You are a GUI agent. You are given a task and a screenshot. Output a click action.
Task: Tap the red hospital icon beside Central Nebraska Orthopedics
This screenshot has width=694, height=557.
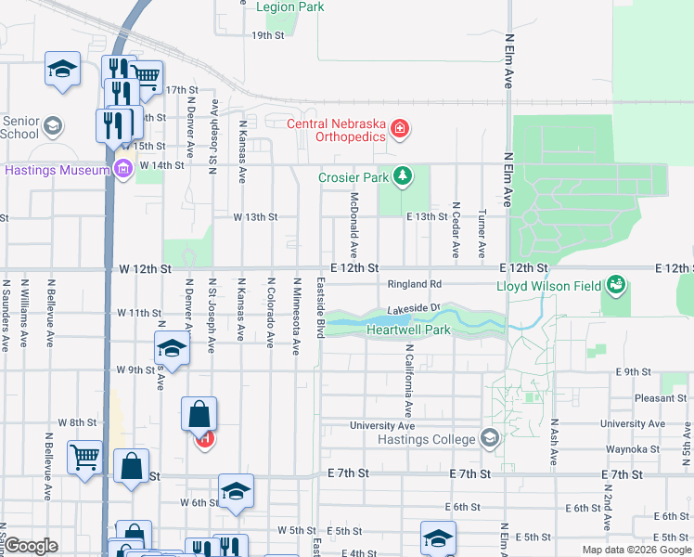click(x=400, y=128)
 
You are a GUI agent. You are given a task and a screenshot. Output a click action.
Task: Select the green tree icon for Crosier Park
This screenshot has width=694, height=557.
click(x=402, y=175)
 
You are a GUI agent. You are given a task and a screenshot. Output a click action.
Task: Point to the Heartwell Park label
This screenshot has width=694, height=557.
click(x=408, y=330)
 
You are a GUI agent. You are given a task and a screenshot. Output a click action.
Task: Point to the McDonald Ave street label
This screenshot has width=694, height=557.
click(x=353, y=226)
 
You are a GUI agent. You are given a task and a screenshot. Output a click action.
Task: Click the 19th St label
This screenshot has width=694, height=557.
click(x=267, y=35)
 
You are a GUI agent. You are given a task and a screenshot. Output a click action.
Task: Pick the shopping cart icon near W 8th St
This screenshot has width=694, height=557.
click(x=84, y=456)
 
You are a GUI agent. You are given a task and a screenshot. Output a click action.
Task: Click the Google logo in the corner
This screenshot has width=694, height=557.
click(x=31, y=546)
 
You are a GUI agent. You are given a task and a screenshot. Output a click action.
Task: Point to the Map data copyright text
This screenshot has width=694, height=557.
click(x=636, y=550)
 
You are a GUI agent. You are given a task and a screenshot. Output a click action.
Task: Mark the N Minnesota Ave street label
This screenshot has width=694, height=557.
click(x=297, y=317)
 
